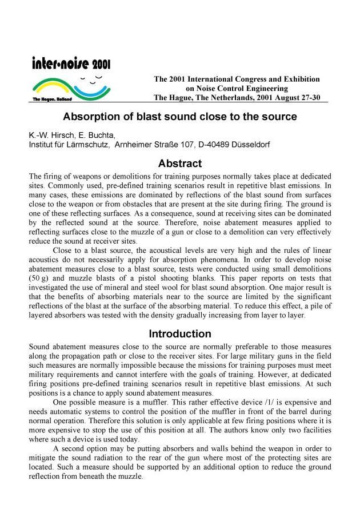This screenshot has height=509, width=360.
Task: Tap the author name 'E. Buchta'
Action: click(101, 136)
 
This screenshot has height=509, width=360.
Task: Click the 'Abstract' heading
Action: click(180, 164)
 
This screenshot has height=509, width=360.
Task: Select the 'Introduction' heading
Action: click(180, 333)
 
